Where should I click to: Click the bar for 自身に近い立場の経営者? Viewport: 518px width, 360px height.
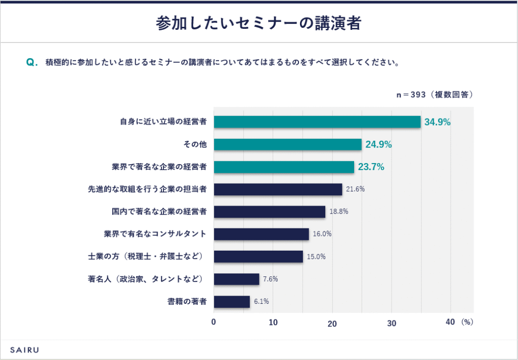(x=317, y=122)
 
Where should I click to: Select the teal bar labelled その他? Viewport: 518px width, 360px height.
(x=287, y=144)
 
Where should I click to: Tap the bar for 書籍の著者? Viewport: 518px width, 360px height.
(x=232, y=302)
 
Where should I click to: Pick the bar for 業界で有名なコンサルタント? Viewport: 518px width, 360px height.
(x=261, y=234)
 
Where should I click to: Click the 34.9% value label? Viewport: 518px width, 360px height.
(x=438, y=122)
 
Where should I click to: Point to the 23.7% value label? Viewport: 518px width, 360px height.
(x=371, y=167)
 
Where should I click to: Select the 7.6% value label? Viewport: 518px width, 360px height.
(x=271, y=279)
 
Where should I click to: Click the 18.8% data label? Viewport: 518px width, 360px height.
(x=338, y=212)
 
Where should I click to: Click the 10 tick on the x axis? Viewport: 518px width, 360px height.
(x=273, y=322)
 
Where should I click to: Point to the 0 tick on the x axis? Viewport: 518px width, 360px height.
(x=213, y=322)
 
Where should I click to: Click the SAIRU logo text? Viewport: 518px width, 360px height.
(x=25, y=349)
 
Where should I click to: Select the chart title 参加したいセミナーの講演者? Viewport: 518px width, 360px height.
(x=258, y=23)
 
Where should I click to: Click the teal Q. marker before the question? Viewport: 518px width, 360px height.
(x=31, y=63)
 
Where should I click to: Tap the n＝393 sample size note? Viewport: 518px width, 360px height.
(x=434, y=95)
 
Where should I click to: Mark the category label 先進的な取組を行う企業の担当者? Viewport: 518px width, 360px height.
(x=148, y=189)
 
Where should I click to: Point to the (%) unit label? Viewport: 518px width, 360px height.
(x=467, y=322)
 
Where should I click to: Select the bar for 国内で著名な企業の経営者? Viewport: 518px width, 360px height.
(x=269, y=212)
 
